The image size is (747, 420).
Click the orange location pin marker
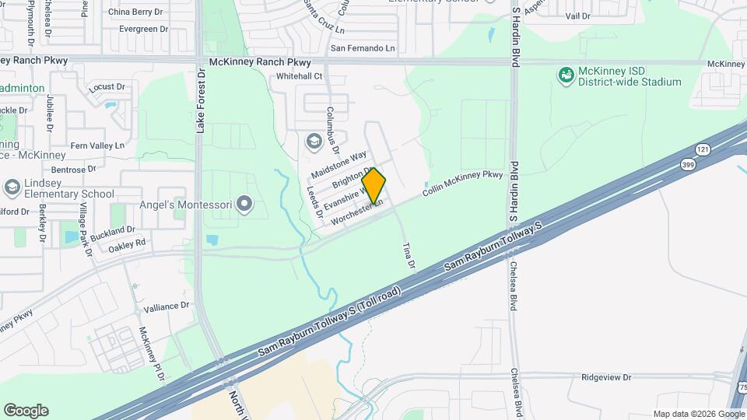(x=374, y=185)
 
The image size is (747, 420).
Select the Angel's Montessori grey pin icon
(x=245, y=205)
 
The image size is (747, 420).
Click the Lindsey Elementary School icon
(x=12, y=187)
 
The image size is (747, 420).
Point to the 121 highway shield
(x=703, y=149)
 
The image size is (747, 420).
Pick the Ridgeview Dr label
(x=606, y=377)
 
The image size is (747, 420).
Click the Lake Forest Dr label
(x=200, y=100)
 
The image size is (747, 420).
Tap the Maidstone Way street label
(x=338, y=164)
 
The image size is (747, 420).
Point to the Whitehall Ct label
(x=300, y=76)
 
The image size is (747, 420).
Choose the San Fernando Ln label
(x=363, y=48)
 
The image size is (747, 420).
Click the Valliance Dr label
(x=167, y=306)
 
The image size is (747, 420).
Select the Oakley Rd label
(x=127, y=243)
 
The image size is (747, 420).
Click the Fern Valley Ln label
(x=97, y=145)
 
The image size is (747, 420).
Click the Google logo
(x=26, y=410)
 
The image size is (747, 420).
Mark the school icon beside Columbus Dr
(x=314, y=141)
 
